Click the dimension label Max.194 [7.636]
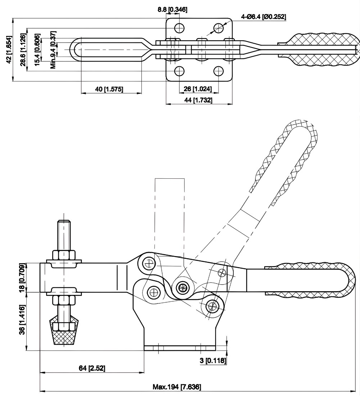[x=177, y=387]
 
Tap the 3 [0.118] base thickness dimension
[x=213, y=360]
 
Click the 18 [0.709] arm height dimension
[x=22, y=278]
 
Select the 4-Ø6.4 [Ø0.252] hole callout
[x=264, y=17]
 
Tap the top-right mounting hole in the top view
[x=219, y=28]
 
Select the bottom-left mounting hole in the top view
[x=179, y=70]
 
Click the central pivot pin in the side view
[x=183, y=287]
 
